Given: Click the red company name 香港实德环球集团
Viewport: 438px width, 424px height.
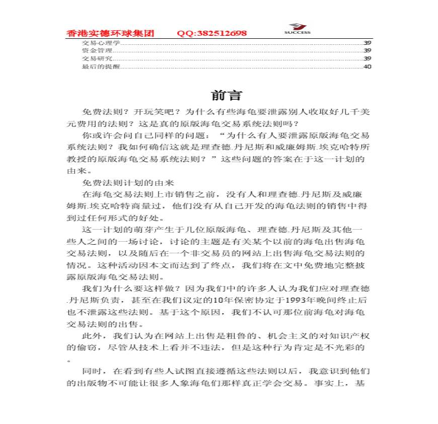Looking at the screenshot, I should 110,34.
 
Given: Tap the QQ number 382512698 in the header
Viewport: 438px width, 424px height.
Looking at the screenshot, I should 211,34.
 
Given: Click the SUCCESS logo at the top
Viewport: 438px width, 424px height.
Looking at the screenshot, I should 297,29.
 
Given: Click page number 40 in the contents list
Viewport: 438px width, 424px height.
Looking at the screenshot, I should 368,66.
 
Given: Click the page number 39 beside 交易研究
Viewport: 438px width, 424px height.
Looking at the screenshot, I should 368,59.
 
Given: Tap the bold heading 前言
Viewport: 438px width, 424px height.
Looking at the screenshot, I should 220,96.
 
